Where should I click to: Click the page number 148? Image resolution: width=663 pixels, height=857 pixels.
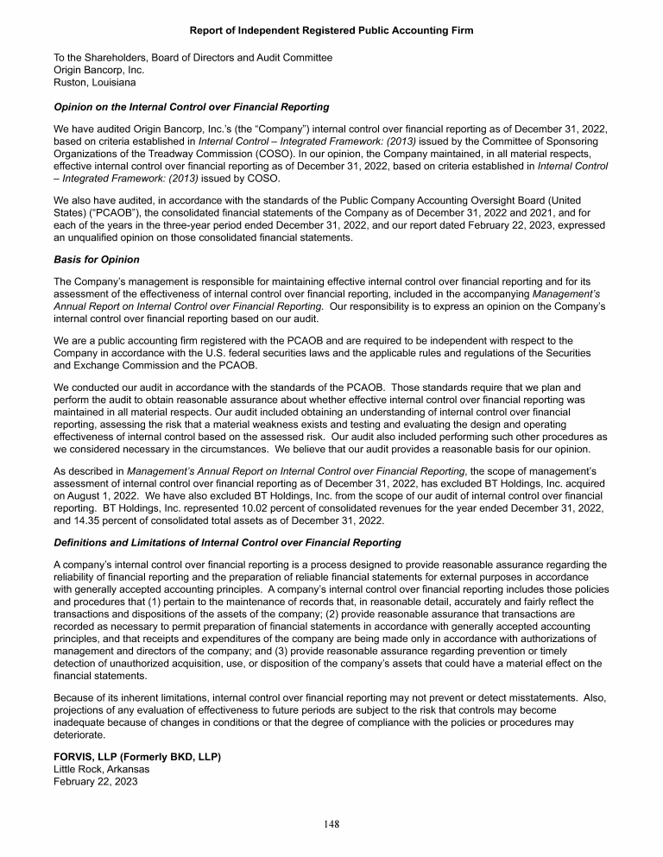pos(331,823)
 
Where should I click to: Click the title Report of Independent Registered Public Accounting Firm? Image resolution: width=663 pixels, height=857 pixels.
pos(331,31)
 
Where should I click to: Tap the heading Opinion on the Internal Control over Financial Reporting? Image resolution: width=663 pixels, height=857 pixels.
pos(192,107)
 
